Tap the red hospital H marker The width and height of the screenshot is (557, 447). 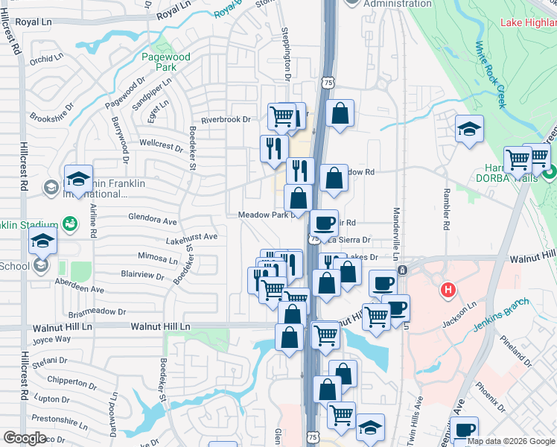448,289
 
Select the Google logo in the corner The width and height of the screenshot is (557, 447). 25,438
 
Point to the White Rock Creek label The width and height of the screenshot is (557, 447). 491,74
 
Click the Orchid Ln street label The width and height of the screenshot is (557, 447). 47,59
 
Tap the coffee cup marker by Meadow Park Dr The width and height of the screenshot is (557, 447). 323,222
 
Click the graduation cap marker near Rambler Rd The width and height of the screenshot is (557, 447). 470,128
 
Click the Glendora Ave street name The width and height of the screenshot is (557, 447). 152,221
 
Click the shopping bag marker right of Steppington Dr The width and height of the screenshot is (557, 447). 340,113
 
